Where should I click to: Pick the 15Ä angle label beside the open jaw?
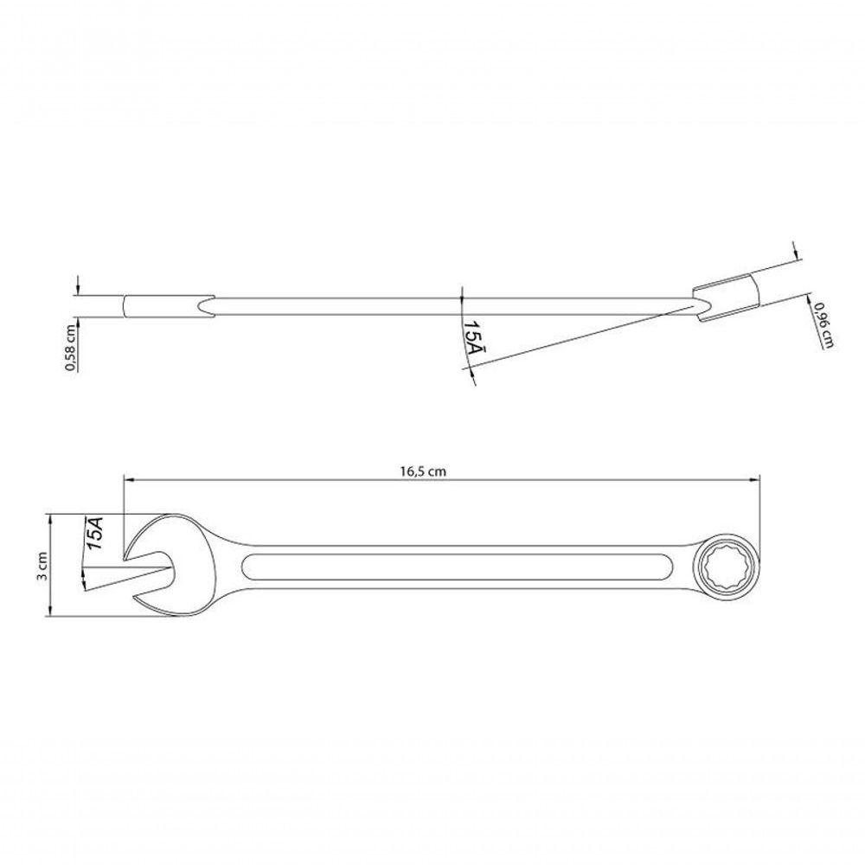[95, 533]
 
